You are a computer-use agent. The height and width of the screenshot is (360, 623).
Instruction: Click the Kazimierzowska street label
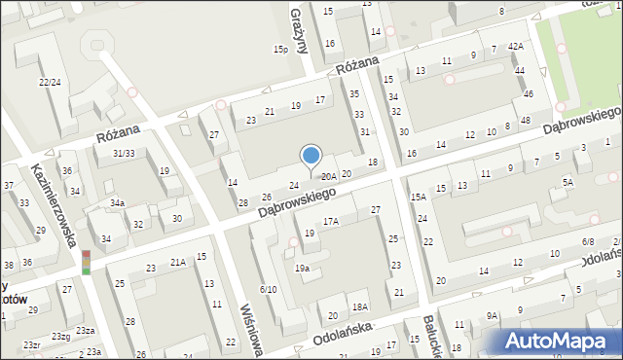click(55, 204)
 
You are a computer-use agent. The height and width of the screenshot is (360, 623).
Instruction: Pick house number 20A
click(329, 176)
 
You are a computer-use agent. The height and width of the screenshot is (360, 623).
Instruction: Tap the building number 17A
click(331, 222)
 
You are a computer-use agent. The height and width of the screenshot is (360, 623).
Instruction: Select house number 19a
click(302, 268)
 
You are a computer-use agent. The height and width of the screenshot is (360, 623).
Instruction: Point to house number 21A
click(178, 262)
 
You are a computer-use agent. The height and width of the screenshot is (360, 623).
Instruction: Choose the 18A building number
click(359, 306)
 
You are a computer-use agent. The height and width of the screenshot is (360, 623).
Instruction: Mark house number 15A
click(418, 198)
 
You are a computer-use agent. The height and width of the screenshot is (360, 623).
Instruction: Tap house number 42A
click(515, 46)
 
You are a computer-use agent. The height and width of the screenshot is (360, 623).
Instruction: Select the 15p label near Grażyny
click(281, 49)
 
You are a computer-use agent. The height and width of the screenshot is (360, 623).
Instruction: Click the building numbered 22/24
click(50, 83)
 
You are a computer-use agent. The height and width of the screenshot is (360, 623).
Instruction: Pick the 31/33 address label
click(123, 153)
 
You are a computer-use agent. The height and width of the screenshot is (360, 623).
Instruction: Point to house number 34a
click(117, 202)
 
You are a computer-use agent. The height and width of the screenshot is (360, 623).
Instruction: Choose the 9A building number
click(493, 315)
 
